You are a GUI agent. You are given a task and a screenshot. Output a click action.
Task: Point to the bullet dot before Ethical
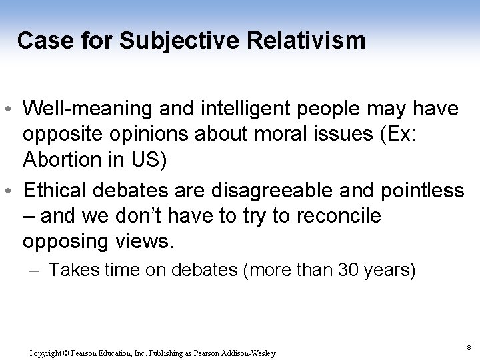(13, 192)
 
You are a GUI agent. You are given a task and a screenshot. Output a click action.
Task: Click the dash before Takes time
(37, 271)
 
